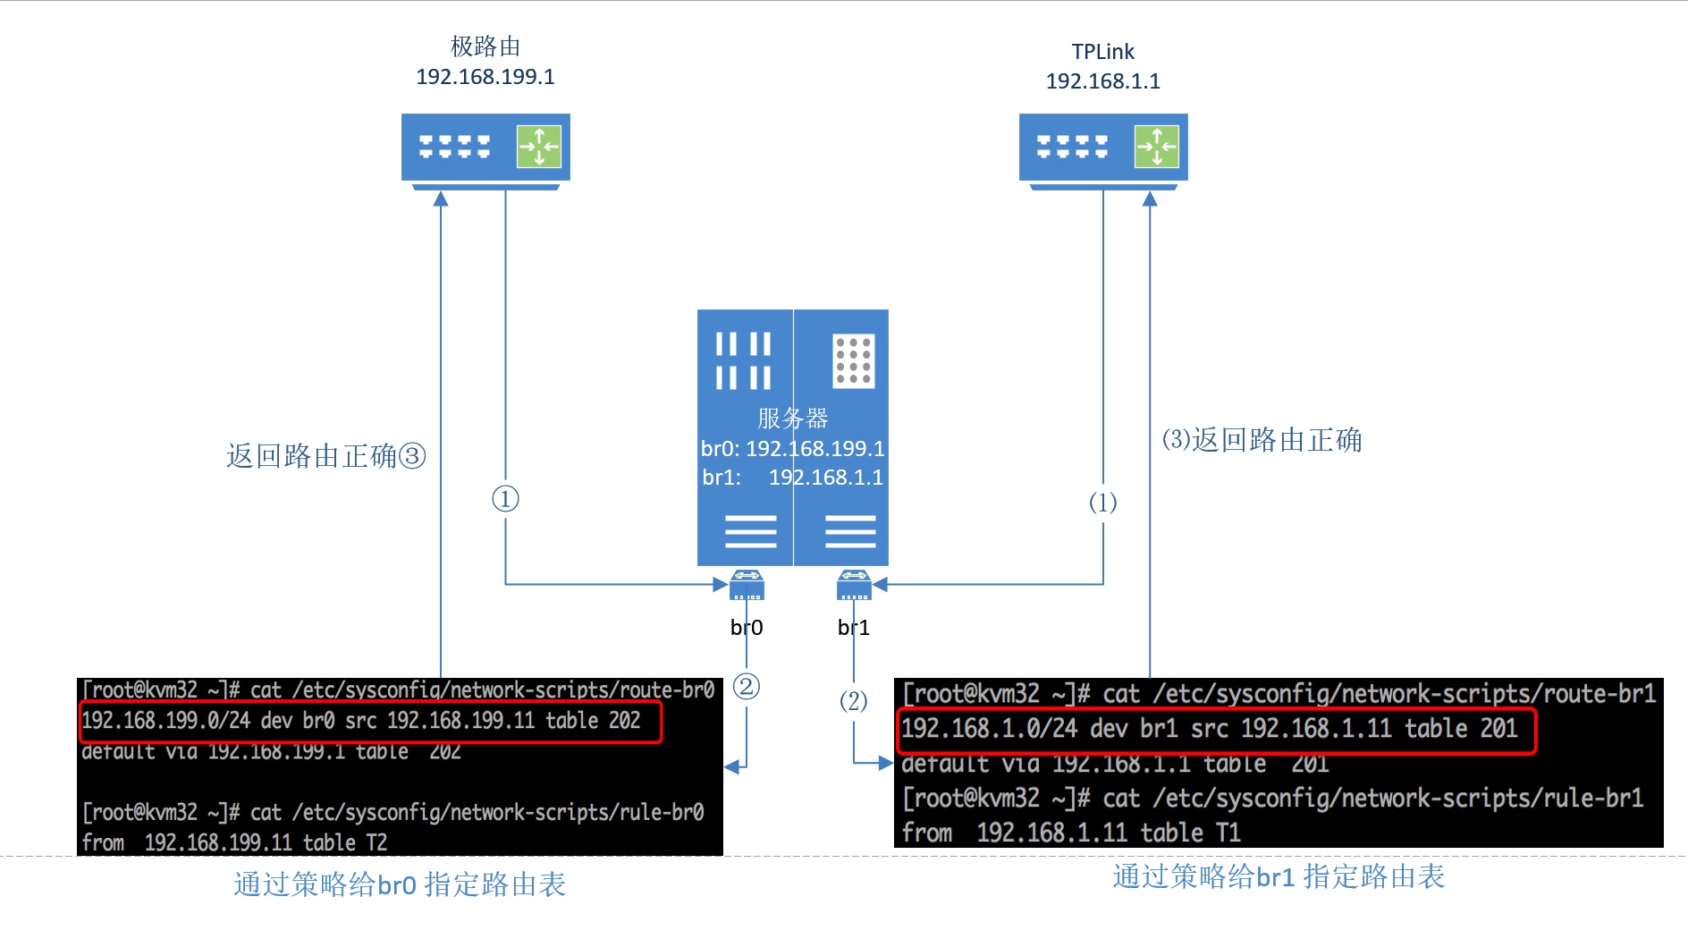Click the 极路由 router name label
(485, 47)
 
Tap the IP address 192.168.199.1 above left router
(485, 77)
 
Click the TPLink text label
(1102, 52)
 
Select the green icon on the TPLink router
(1156, 147)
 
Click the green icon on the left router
(538, 147)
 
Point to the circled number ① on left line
(505, 499)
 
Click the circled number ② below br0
(746, 687)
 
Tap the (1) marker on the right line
(1102, 503)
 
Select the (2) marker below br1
(853, 701)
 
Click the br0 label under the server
(746, 628)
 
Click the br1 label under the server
(853, 628)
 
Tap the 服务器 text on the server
(792, 418)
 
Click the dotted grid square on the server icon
(853, 361)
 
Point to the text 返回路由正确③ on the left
(325, 456)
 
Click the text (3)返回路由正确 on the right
(1262, 440)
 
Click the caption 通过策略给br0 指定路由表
(400, 884)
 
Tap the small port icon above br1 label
(853, 586)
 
